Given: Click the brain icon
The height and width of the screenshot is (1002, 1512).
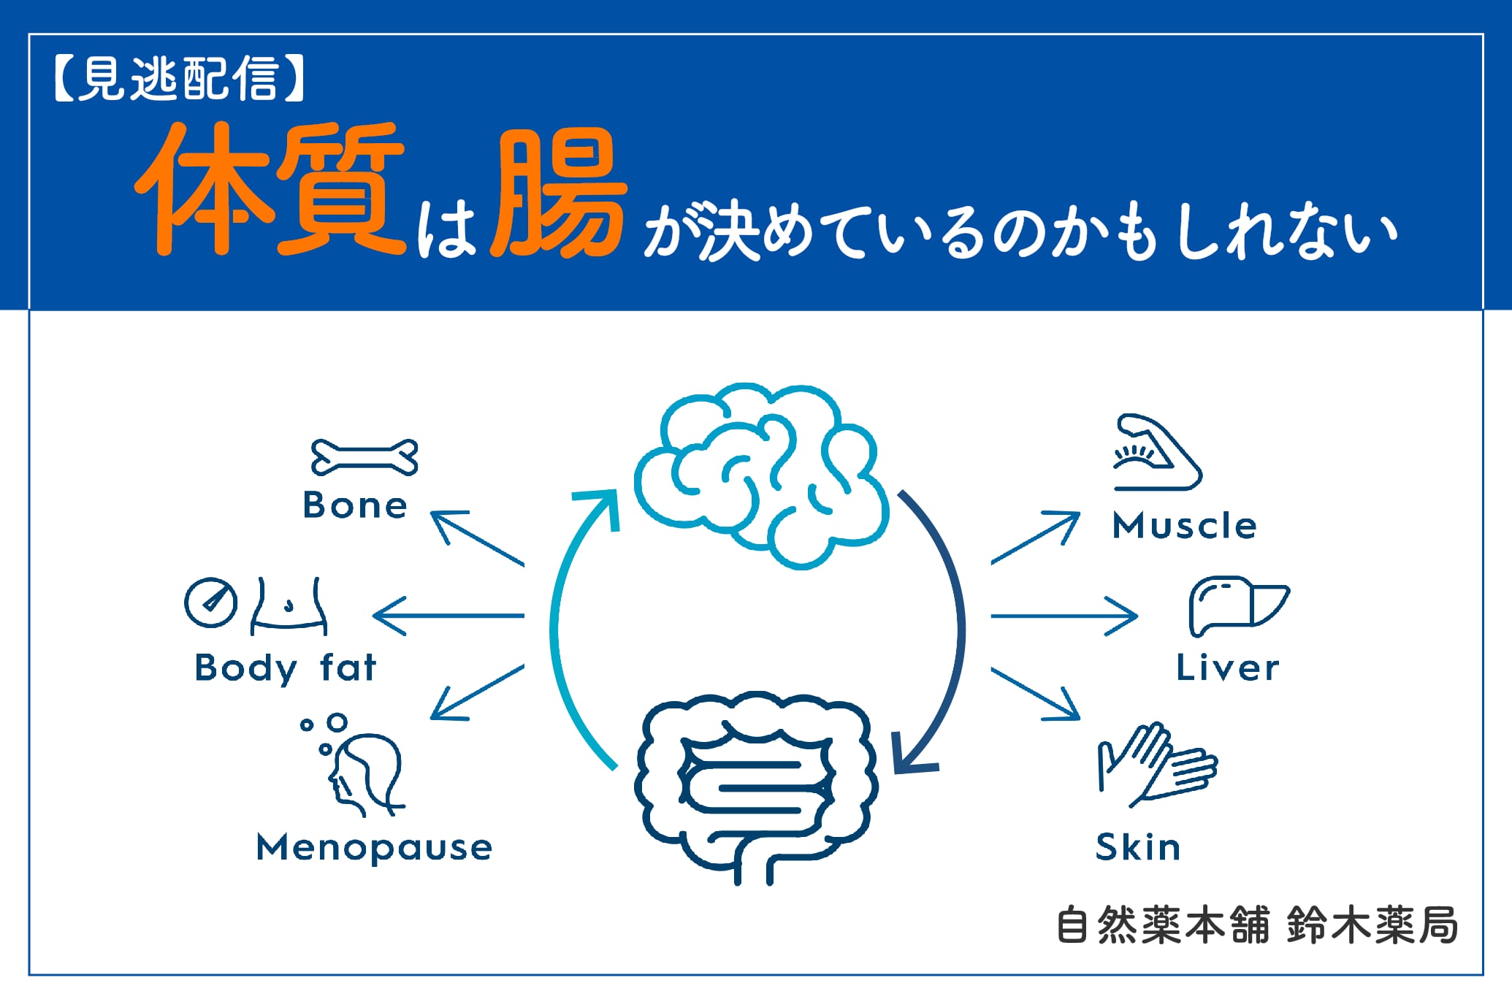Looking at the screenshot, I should click(x=761, y=475).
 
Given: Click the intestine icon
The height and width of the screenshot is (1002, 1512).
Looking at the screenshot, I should click(x=756, y=785).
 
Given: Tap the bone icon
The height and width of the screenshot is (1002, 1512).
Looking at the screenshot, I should click(x=364, y=457).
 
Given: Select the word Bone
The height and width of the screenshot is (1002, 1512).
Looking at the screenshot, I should click(x=355, y=505).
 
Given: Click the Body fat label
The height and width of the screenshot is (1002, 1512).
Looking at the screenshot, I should click(x=286, y=668).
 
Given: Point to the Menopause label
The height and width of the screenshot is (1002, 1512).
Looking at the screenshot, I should click(x=374, y=848).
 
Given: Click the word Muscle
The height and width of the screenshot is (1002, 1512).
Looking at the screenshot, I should click(x=1184, y=526).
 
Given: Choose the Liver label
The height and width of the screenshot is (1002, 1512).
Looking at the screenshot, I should click(x=1227, y=668).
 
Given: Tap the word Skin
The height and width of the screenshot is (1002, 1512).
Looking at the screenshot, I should click(x=1138, y=848).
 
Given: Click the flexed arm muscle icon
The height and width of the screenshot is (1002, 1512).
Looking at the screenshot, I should click(x=1156, y=453).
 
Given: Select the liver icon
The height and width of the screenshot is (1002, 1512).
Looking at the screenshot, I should click(x=1238, y=605).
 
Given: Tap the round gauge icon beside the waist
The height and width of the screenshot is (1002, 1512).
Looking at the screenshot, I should click(x=210, y=603).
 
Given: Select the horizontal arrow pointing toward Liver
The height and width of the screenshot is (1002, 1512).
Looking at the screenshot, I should click(x=1064, y=616).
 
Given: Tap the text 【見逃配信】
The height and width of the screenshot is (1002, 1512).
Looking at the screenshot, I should click(x=178, y=78).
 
